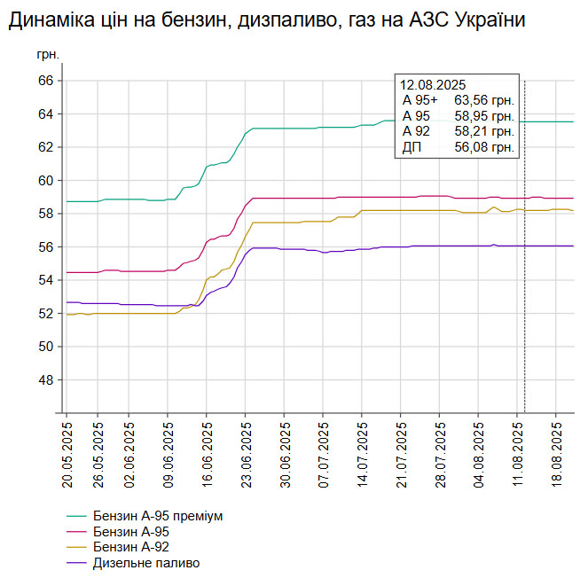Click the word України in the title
(487, 21)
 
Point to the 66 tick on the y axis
(45, 81)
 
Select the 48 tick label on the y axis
(45, 379)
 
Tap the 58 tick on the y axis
(45, 214)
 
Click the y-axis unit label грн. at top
(49, 55)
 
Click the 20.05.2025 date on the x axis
(67, 454)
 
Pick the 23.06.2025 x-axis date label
(245, 454)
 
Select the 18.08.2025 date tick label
(557, 454)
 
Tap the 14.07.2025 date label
(362, 454)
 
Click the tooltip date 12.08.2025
(432, 85)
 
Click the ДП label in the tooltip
(411, 147)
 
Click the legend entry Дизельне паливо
(145, 563)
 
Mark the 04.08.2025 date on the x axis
(479, 454)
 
